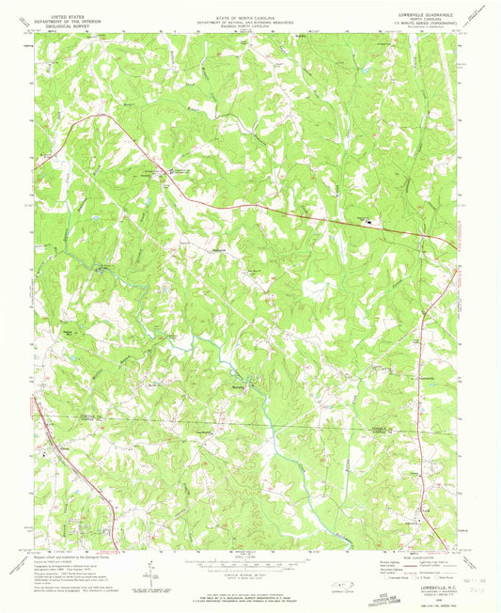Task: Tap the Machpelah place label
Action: [x=218, y=249]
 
